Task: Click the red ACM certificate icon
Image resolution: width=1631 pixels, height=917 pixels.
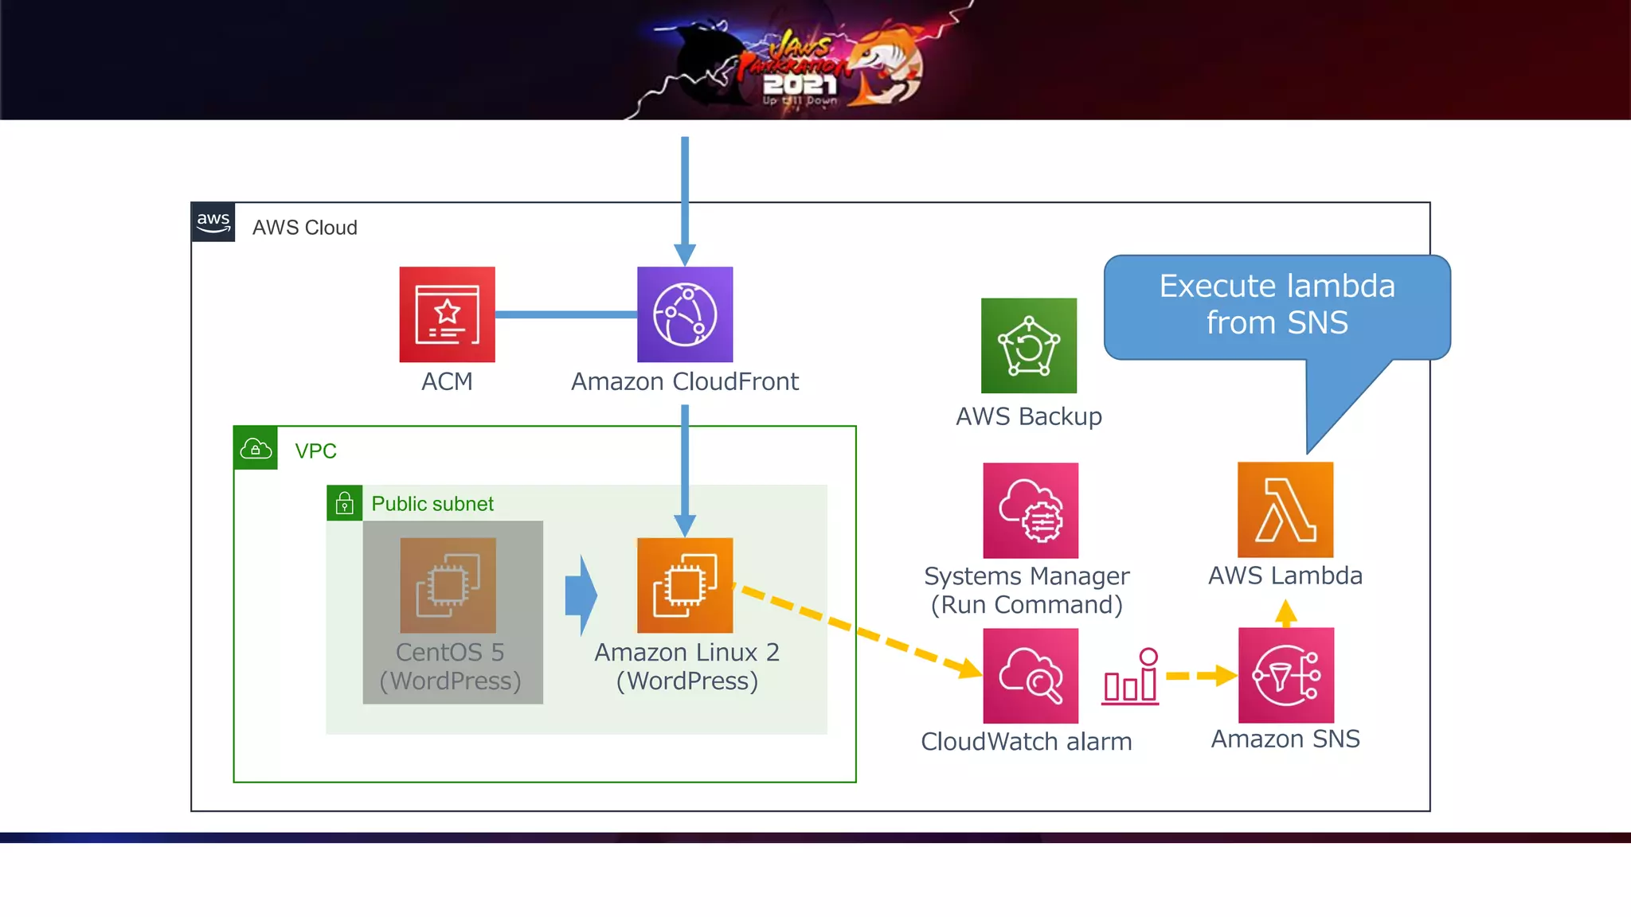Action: (447, 314)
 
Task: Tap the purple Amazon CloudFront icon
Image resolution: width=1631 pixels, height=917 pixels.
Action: (685, 314)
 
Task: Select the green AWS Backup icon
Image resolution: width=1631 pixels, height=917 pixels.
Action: (1028, 345)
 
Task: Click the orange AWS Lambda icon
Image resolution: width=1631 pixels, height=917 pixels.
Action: (1285, 509)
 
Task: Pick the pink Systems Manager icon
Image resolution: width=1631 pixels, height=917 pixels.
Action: (1031, 510)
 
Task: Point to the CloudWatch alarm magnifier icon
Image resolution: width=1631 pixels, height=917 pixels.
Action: (1031, 676)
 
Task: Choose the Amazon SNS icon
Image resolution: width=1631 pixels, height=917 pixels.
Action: (1285, 675)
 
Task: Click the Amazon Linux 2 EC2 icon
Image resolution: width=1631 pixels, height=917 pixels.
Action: (685, 585)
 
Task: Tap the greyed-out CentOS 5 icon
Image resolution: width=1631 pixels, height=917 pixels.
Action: (448, 585)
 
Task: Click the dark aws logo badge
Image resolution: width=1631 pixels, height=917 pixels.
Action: (213, 222)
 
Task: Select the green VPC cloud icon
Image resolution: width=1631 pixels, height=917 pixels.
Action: (256, 448)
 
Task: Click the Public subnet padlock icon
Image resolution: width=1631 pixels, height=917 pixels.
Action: (344, 503)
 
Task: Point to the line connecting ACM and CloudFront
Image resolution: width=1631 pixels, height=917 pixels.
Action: (565, 314)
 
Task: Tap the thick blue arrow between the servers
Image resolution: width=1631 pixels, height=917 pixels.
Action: (581, 595)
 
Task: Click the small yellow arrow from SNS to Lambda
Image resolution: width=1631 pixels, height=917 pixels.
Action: (1285, 613)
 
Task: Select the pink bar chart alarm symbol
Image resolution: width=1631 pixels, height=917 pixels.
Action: (1131, 677)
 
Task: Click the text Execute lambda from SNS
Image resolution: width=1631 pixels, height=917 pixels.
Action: (1276, 304)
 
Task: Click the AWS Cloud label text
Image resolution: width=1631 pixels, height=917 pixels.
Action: (304, 228)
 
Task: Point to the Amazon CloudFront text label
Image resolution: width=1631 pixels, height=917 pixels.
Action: (684, 381)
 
